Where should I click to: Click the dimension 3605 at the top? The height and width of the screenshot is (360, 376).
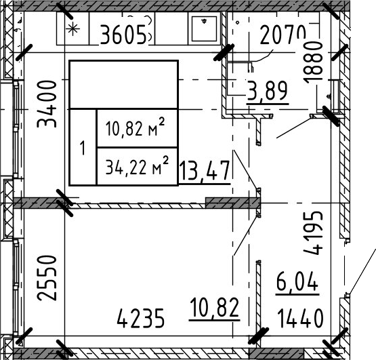[x=123, y=33]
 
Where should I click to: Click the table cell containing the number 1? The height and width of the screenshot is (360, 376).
[x=83, y=147]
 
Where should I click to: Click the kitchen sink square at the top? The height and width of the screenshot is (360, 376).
[x=203, y=29]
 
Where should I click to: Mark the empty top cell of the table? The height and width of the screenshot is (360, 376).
[x=123, y=85]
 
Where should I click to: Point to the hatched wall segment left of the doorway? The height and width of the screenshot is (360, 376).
[x=226, y=203]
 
